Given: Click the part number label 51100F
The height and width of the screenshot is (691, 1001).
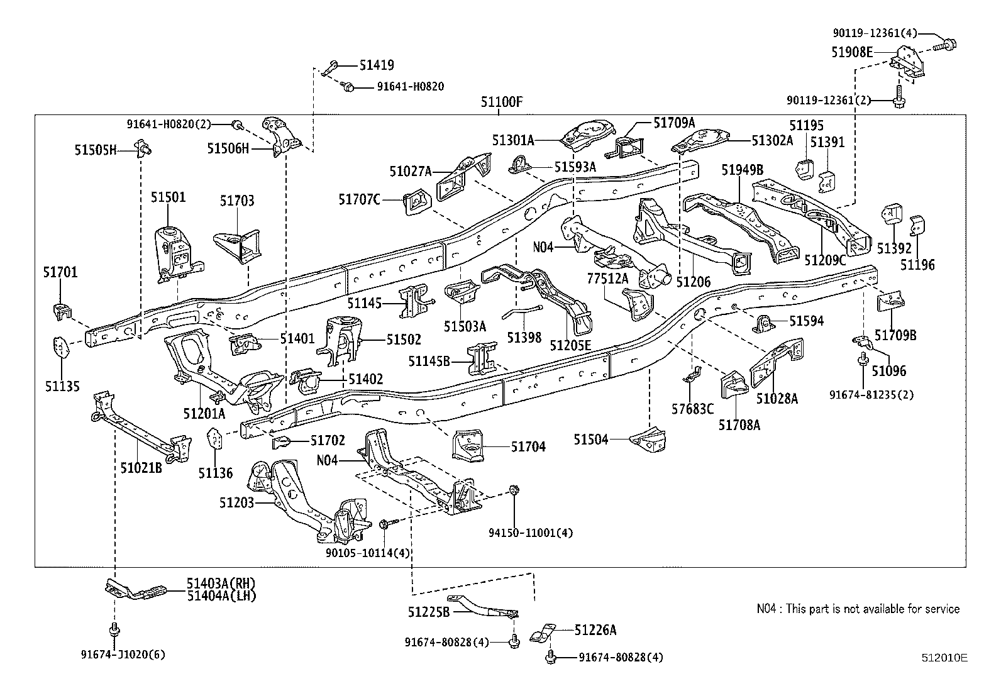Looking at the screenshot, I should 501,102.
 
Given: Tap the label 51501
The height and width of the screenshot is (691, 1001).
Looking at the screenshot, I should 168,197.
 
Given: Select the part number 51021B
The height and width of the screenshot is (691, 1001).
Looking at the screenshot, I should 141,468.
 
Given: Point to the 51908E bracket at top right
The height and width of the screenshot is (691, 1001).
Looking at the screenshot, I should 908,64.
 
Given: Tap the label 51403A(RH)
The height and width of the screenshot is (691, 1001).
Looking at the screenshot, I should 221,584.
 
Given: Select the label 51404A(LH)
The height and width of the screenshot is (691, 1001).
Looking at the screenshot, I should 221,595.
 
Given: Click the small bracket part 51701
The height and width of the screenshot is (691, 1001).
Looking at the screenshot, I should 60,309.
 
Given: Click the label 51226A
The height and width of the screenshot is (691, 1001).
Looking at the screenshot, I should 595,629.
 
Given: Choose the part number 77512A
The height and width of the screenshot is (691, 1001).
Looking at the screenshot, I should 607,278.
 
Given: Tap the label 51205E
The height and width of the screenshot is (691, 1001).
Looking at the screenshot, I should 570,345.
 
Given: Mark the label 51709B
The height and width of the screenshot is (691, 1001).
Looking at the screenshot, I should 895,335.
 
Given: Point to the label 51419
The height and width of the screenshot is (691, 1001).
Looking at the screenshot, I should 377,65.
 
